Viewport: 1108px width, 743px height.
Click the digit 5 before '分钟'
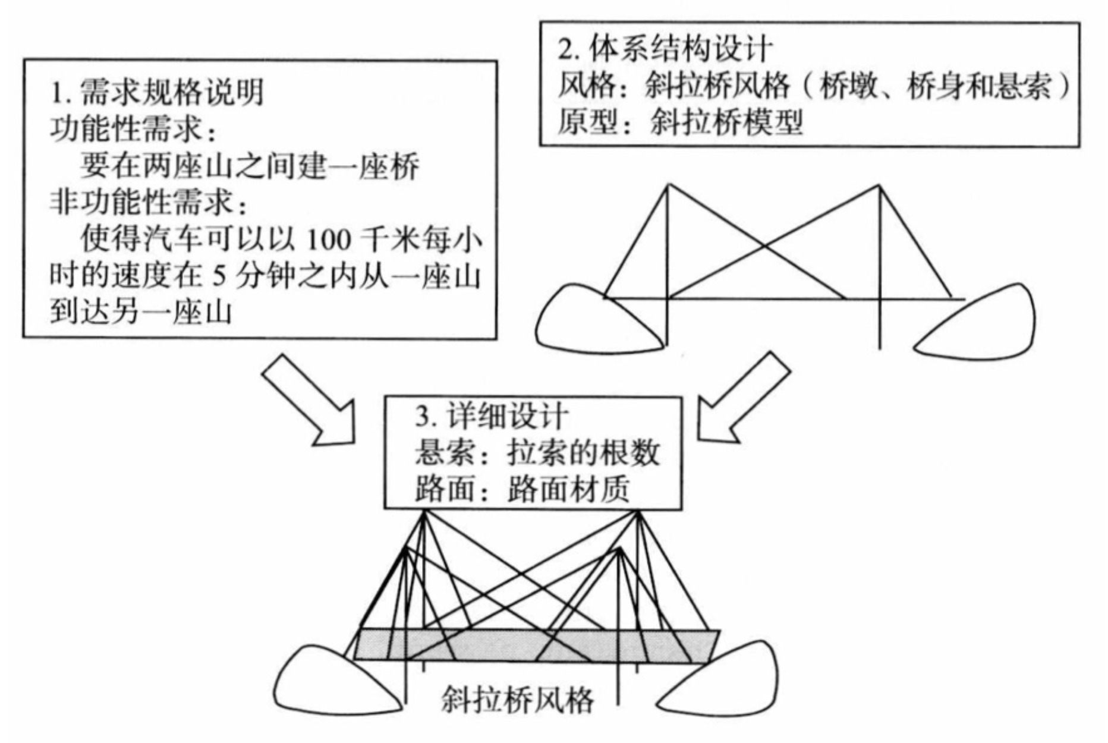(x=218, y=276)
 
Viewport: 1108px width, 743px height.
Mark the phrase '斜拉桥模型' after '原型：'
(x=726, y=122)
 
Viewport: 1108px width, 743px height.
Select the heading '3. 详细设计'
(x=492, y=417)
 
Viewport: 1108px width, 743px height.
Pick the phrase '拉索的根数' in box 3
(x=583, y=454)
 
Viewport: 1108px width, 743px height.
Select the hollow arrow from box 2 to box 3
(x=743, y=398)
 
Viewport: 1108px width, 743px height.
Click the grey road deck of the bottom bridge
(x=535, y=646)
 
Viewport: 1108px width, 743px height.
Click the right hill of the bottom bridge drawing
(x=725, y=684)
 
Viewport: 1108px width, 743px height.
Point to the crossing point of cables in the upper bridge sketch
(x=764, y=245)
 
